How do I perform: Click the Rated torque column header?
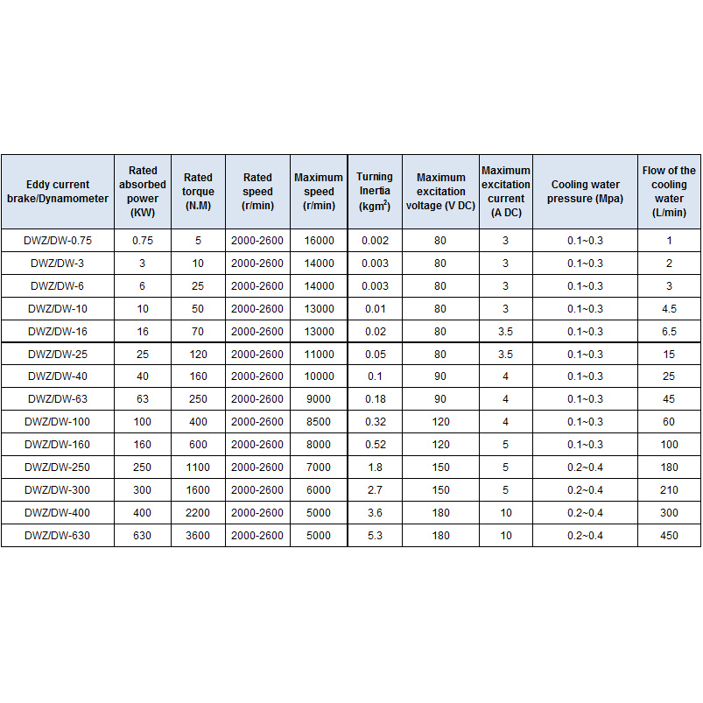point(198,192)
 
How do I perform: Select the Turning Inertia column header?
point(375,192)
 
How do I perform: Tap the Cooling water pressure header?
point(585,192)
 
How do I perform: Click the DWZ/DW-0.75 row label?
point(58,240)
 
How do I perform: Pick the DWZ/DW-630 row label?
point(58,535)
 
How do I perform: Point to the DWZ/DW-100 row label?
point(58,422)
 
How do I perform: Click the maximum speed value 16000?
point(319,240)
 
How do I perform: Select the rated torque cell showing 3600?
point(198,535)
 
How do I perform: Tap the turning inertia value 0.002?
point(375,240)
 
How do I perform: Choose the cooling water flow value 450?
point(669,535)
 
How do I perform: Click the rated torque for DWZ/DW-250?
point(198,467)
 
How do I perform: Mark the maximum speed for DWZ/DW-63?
point(319,399)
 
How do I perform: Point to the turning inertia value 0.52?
point(375,445)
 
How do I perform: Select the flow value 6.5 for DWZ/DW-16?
point(669,331)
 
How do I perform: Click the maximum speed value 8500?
point(319,422)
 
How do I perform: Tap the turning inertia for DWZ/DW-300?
point(375,490)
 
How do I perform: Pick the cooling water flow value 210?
point(669,490)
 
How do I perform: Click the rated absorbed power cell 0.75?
point(142,240)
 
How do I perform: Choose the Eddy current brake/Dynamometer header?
point(58,192)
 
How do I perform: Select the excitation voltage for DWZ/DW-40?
point(440,376)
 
